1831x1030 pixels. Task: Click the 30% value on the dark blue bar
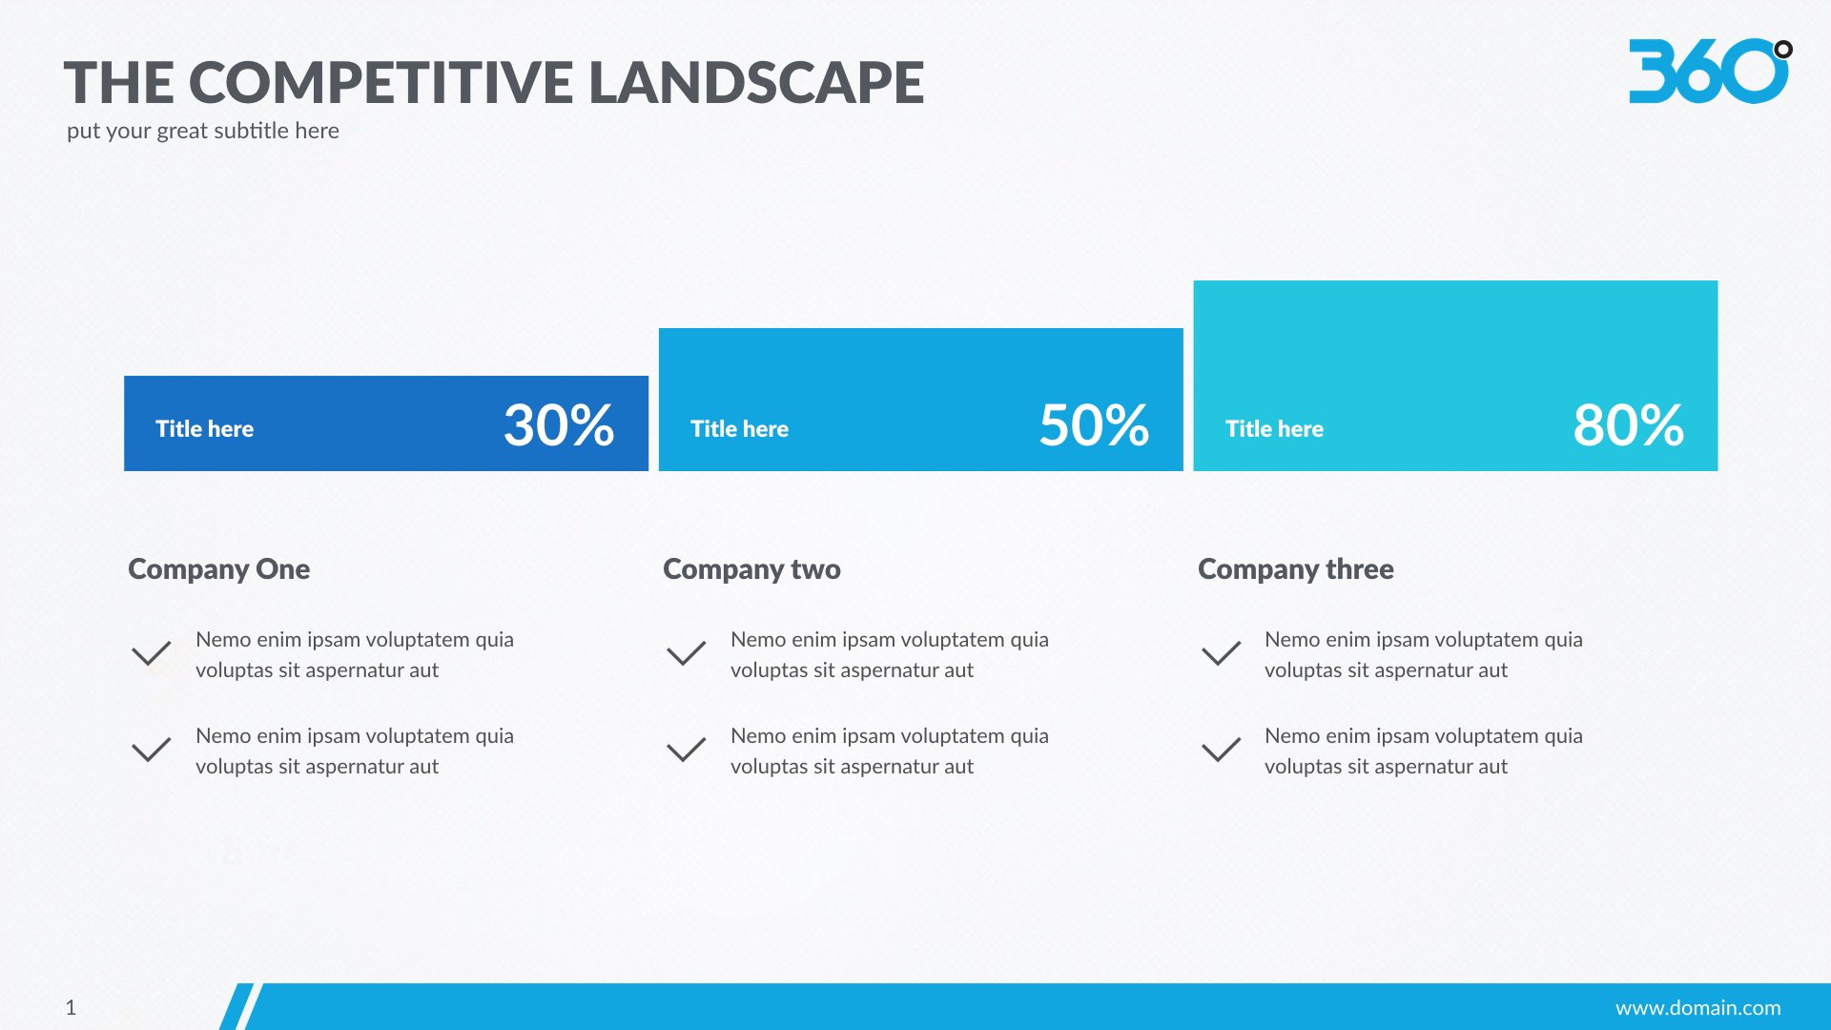point(559,425)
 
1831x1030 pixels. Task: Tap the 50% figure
point(1094,425)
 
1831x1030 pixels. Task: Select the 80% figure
point(1628,425)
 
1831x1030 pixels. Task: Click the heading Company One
point(219,569)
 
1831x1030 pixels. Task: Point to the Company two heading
point(751,569)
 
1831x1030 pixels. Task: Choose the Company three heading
point(1296,569)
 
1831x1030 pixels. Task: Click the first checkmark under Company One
point(152,653)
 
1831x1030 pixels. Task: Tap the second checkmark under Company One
point(152,750)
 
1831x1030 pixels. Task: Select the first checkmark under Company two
point(687,653)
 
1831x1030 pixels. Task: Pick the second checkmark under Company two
point(687,750)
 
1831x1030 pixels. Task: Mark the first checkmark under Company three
point(1222,653)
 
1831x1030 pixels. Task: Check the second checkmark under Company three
point(1222,750)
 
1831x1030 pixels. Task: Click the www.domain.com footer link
point(1697,1008)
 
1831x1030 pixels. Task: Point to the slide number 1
point(71,1007)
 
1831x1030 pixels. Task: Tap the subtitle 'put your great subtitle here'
point(203,131)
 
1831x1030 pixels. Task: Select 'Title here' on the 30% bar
point(205,429)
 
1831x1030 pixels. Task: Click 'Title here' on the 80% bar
point(1274,429)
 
